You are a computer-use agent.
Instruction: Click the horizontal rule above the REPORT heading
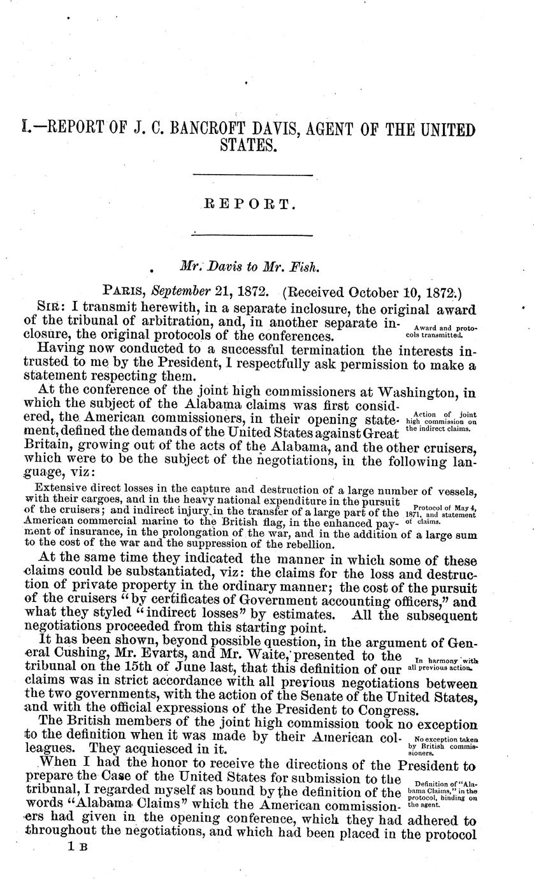tap(252, 175)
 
